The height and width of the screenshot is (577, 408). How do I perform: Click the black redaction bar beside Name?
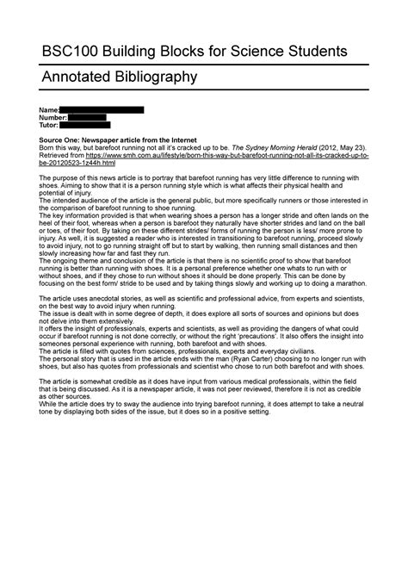point(102,110)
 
